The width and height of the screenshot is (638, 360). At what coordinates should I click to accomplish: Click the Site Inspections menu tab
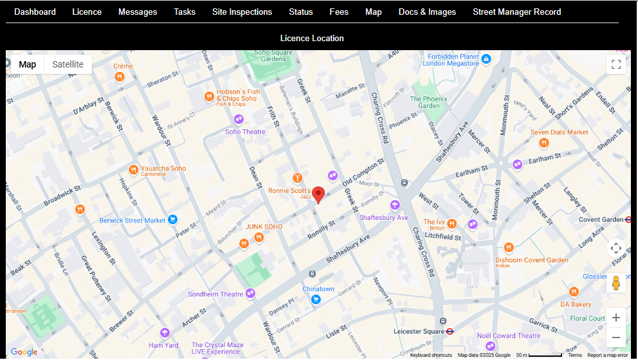click(x=242, y=12)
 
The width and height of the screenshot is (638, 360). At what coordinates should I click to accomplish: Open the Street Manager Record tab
click(x=516, y=12)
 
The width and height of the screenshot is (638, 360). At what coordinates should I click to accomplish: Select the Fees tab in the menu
click(x=339, y=12)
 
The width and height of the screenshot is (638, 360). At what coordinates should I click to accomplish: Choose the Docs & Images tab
click(x=427, y=12)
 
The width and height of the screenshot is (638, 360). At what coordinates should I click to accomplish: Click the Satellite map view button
click(x=68, y=64)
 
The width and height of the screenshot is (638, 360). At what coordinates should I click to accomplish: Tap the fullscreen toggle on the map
click(x=615, y=64)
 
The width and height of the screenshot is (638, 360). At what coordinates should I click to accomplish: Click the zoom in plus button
click(x=615, y=318)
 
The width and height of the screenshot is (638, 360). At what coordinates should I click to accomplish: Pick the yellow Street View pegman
click(x=615, y=283)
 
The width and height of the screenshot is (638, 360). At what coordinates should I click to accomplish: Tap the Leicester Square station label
click(x=419, y=332)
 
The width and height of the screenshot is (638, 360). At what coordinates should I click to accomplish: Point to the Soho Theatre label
click(x=245, y=132)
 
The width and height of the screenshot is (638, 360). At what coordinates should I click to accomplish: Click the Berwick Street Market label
click(x=132, y=221)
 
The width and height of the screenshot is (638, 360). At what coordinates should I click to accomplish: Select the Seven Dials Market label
click(x=559, y=132)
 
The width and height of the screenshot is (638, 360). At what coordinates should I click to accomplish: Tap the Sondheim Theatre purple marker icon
click(x=250, y=294)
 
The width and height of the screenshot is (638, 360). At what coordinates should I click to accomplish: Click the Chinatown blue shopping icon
click(x=316, y=299)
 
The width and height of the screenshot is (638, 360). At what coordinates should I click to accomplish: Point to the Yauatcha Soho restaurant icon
click(x=133, y=170)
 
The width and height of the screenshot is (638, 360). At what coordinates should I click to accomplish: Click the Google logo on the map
click(x=24, y=352)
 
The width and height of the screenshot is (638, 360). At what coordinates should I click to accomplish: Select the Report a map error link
click(x=607, y=355)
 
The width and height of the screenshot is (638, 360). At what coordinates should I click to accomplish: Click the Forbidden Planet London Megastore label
click(x=453, y=60)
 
